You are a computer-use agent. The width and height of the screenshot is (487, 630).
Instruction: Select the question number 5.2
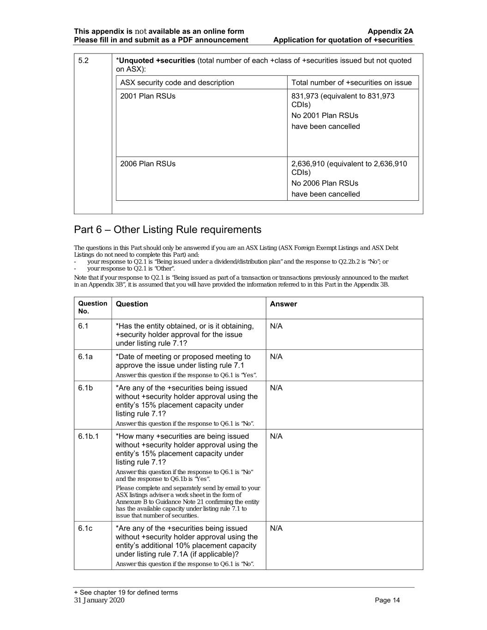coord(84,60)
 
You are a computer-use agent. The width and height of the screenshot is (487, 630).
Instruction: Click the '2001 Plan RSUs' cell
coord(148,96)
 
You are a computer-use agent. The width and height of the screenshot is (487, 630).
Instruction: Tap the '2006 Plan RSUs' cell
coord(148,164)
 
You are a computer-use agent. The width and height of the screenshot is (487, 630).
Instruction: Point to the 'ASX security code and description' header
coord(177,83)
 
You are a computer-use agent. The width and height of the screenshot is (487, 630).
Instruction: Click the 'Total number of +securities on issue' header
coord(351,83)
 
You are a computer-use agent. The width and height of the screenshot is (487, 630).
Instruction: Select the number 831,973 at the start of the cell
coord(305,96)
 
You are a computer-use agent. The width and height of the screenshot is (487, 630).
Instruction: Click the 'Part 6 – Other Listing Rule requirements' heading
coord(168,230)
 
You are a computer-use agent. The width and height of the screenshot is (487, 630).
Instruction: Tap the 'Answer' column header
coord(283,304)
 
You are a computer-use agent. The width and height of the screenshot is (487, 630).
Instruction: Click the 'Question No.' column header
coord(92,307)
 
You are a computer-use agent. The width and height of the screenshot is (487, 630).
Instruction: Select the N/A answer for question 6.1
coord(276,326)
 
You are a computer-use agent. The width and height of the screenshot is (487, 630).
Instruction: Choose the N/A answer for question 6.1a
coord(276,357)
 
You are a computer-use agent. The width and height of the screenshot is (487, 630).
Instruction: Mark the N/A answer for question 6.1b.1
coord(276,437)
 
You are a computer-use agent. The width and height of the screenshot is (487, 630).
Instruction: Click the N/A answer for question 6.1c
coord(276,528)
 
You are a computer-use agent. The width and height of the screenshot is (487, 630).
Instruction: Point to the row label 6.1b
coord(85,388)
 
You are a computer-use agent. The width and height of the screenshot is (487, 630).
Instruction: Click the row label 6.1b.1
coord(88,437)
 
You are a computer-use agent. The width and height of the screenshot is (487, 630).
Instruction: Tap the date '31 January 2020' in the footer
coord(99,600)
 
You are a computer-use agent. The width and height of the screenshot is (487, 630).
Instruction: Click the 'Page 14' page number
coord(387,600)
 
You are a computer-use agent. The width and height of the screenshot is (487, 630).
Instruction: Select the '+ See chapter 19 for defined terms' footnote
coord(126,593)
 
